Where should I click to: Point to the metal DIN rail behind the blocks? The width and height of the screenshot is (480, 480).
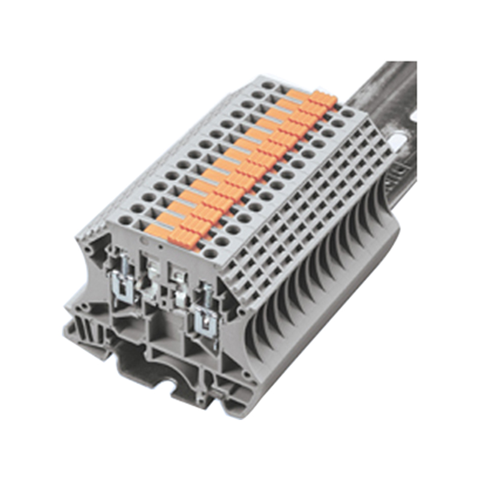(x=384, y=96)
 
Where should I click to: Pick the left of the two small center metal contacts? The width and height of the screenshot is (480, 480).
(x=151, y=270)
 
